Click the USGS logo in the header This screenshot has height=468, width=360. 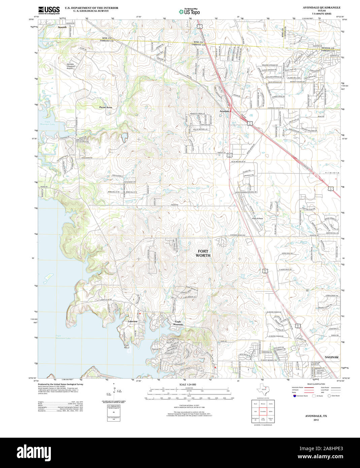pyautogui.click(x=49, y=10)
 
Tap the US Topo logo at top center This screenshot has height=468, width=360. pyautogui.click(x=189, y=11)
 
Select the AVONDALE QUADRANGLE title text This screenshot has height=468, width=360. pyautogui.click(x=317, y=7)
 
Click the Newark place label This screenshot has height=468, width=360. pyautogui.click(x=62, y=27)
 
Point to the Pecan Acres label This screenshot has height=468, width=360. pyautogui.click(x=105, y=107)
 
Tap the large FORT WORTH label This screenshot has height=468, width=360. pyautogui.click(x=203, y=253)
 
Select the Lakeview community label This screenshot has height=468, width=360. pyautogui.click(x=133, y=322)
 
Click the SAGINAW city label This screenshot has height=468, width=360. pyautogui.click(x=332, y=357)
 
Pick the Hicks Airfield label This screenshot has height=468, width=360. pyautogui.click(x=257, y=219)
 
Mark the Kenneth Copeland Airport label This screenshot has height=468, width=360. pyautogui.click(x=70, y=66)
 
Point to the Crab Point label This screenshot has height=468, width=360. pyautogui.click(x=127, y=346)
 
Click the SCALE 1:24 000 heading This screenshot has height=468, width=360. pyautogui.click(x=188, y=385)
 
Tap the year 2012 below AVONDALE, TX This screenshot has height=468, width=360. pyautogui.click(x=316, y=420)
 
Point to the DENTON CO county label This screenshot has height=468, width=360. pyautogui.click(x=327, y=48)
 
